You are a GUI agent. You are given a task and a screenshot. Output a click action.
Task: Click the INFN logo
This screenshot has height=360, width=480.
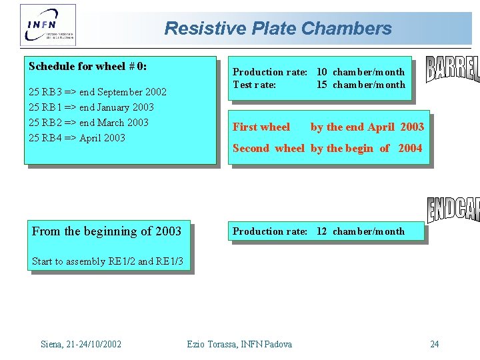(x=48, y=25)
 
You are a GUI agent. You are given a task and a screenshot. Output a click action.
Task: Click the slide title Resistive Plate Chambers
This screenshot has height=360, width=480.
(x=278, y=29)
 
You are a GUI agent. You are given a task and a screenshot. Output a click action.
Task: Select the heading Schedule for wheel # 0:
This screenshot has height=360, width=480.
(x=88, y=67)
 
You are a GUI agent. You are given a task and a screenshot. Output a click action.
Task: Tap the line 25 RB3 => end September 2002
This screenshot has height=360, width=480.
(x=98, y=92)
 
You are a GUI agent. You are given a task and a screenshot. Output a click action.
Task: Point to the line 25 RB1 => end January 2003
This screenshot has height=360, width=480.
(x=92, y=107)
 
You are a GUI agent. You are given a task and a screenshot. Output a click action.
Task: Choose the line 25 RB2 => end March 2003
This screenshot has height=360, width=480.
(x=89, y=123)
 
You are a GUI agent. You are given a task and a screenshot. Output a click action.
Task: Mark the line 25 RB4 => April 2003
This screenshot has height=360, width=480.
(x=77, y=138)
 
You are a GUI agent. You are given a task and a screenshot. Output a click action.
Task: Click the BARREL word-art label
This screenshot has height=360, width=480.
(x=453, y=70)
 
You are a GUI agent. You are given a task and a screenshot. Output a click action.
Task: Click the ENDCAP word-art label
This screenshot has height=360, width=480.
(x=453, y=209)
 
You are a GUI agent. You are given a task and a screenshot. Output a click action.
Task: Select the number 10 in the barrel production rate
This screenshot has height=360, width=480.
(x=322, y=72)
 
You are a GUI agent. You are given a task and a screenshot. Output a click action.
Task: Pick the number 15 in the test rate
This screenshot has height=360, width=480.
(x=322, y=85)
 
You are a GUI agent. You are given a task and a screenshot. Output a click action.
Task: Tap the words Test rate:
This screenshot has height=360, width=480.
(x=254, y=85)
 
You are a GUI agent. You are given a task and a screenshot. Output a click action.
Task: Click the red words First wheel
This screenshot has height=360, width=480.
(x=261, y=127)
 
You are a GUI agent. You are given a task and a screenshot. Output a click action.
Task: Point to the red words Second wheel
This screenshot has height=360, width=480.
(x=268, y=149)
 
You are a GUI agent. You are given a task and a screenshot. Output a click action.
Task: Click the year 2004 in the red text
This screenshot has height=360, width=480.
(x=410, y=149)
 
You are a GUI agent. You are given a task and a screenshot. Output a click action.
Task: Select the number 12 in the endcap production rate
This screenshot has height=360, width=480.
(x=322, y=231)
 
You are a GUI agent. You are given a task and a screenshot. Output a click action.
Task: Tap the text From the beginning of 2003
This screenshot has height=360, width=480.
(x=107, y=231)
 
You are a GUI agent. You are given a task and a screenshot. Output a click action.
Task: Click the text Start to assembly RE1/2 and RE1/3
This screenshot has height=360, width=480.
(x=107, y=261)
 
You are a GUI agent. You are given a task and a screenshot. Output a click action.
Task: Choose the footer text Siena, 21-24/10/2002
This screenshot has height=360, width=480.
(x=81, y=344)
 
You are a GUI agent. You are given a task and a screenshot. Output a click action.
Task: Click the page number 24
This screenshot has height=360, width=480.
(x=435, y=344)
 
